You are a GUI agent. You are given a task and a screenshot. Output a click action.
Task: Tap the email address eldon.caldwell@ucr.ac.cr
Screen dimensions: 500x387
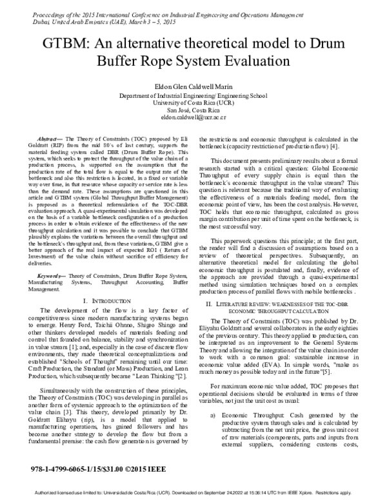pyautogui.click(x=193, y=119)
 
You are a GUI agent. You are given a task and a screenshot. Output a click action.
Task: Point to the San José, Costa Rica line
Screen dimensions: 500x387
pyautogui.click(x=193, y=111)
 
